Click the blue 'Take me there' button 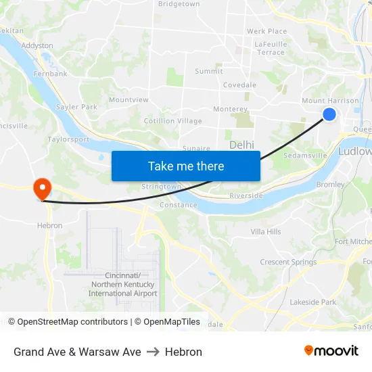[x=186, y=166]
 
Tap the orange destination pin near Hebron [x=42, y=188]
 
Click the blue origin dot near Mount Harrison [x=329, y=114]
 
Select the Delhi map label [x=241, y=145]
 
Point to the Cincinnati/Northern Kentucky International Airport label [x=122, y=284]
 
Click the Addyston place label [x=37, y=45]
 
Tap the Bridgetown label [x=179, y=4]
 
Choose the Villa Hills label [x=266, y=231]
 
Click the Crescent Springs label [x=288, y=262]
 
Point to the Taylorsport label [x=68, y=139]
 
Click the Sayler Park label [x=76, y=107]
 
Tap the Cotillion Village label [x=172, y=121]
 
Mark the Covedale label [x=240, y=85]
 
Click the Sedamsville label [x=305, y=155]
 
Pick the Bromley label [x=331, y=184]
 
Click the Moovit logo [x=331, y=350]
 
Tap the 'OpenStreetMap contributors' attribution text [x=72, y=322]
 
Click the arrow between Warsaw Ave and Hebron [x=153, y=352]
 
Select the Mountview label [x=129, y=99]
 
